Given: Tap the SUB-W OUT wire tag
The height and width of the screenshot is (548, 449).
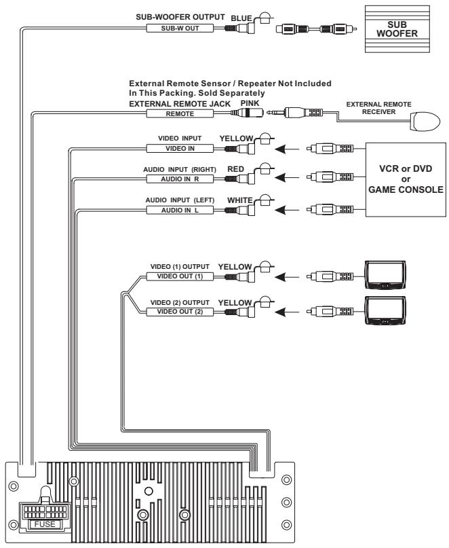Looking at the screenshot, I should coord(179,29).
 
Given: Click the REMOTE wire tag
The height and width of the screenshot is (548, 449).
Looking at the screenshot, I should coord(179,115).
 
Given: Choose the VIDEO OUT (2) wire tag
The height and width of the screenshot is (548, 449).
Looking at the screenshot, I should coord(179,311).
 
